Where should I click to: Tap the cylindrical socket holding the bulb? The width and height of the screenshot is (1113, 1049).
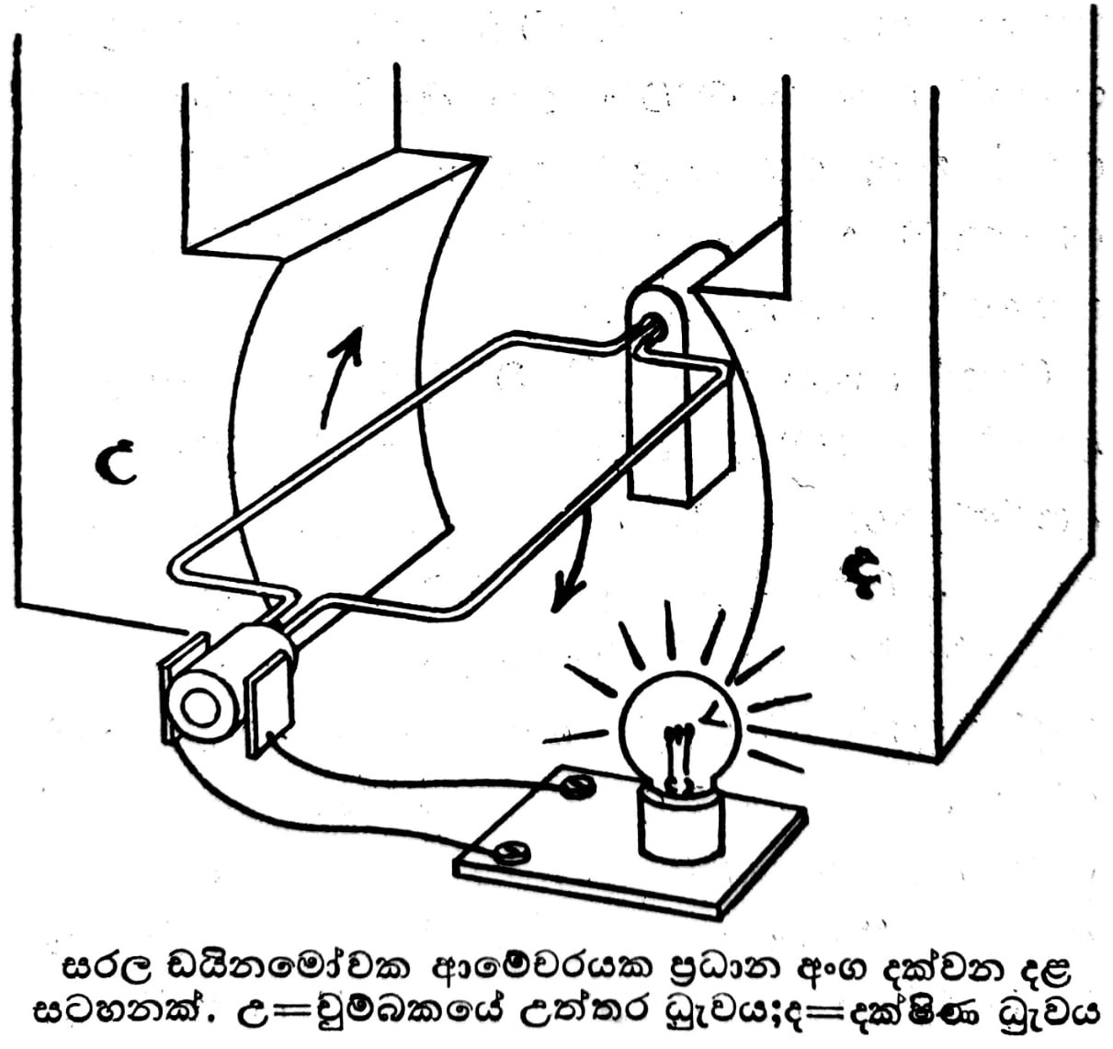click(680, 824)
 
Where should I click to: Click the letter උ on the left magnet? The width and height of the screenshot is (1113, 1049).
click(118, 462)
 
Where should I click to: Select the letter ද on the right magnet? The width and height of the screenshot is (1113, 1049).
click(860, 575)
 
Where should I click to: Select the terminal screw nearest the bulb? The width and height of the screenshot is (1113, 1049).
click(576, 784)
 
